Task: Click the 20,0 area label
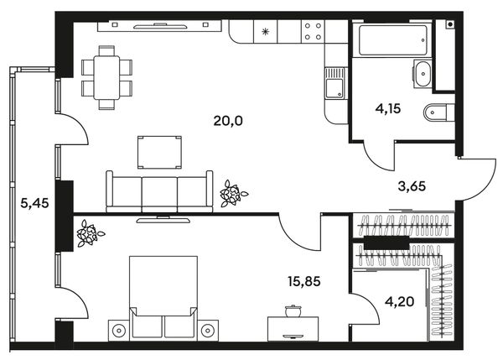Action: [228, 121]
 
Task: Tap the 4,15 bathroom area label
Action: [388, 108]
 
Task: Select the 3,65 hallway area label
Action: [412, 186]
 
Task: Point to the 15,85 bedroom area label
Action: [304, 281]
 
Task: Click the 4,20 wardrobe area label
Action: [399, 301]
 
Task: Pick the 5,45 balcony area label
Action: [34, 203]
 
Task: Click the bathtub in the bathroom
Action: [393, 40]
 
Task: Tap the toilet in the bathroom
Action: [438, 112]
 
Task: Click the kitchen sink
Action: [334, 83]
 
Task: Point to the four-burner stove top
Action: [313, 32]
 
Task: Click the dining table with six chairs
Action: [106, 78]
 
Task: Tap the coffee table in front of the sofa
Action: [159, 152]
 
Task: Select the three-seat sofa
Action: [159, 191]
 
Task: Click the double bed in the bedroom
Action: [163, 298]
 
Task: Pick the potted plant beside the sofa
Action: [233, 193]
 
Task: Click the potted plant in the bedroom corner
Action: [90, 232]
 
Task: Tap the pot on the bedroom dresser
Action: [293, 310]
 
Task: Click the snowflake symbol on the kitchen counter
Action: [265, 32]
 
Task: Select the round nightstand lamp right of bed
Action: [208, 330]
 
